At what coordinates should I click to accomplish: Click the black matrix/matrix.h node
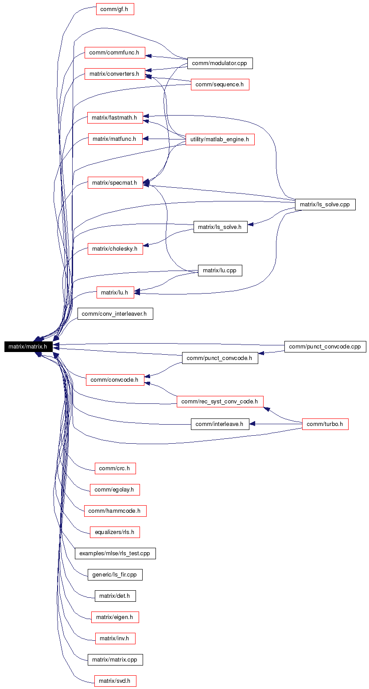pyautogui.click(x=28, y=347)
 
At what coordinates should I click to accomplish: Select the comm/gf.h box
pyautogui.click(x=115, y=9)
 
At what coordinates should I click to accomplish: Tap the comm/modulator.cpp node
pyautogui.click(x=220, y=63)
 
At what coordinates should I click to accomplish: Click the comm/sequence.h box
pyautogui.click(x=220, y=85)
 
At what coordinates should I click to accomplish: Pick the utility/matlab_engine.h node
pyautogui.click(x=220, y=139)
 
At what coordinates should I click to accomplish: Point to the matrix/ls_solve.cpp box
pyautogui.click(x=325, y=205)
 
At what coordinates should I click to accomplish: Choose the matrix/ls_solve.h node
pyautogui.click(x=220, y=227)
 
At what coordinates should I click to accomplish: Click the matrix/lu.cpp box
pyautogui.click(x=220, y=271)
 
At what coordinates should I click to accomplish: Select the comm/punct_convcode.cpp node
pyautogui.click(x=325, y=347)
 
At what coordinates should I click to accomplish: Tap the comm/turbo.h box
pyautogui.click(x=325, y=424)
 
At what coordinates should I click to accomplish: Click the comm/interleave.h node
pyautogui.click(x=220, y=424)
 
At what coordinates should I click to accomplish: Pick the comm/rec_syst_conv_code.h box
pyautogui.click(x=220, y=402)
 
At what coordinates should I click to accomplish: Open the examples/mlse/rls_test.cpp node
pyautogui.click(x=115, y=554)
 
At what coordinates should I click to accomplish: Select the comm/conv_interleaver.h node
pyautogui.click(x=115, y=314)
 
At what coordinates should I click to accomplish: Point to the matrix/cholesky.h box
pyautogui.click(x=115, y=248)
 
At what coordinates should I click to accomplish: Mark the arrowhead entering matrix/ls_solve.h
pyautogui.click(x=251, y=225)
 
